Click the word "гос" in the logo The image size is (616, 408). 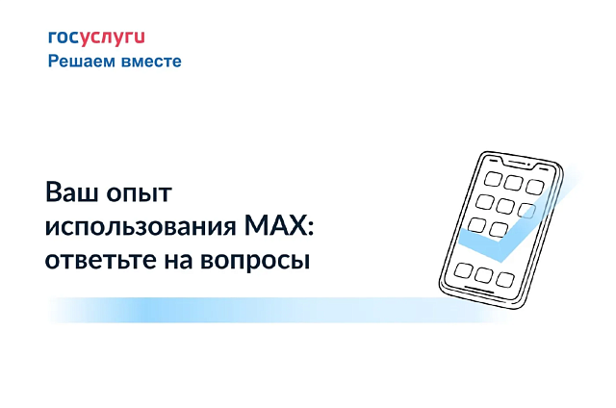point(62,38)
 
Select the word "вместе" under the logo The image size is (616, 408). point(151,61)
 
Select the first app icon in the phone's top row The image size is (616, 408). point(490,177)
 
